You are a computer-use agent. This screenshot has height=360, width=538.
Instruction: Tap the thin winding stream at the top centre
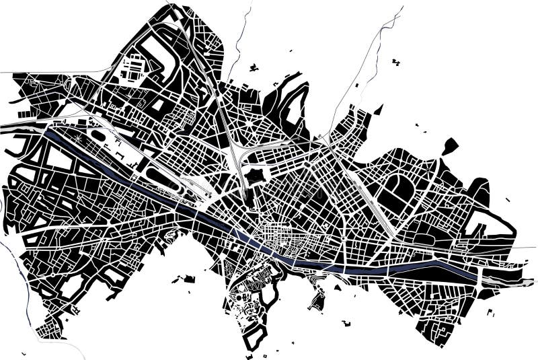(239, 47)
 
